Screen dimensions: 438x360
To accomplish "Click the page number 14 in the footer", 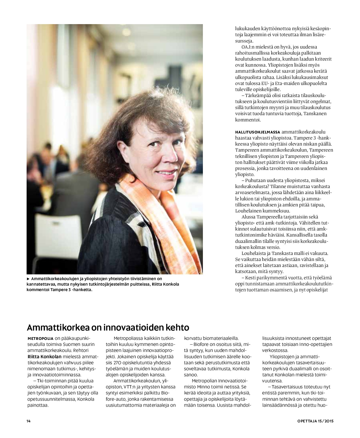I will pyautogui.click(x=28, y=421).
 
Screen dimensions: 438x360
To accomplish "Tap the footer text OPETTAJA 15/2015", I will pyautogui.click(x=315, y=421).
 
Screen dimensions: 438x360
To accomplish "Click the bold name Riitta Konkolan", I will pyautogui.click(x=45, y=357).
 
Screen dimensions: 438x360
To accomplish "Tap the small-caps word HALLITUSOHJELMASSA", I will pyautogui.click(x=258, y=132).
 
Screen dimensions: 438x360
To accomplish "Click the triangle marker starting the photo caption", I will pyautogui.click(x=28, y=278).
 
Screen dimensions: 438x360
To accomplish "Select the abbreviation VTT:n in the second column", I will pyautogui.click(x=130, y=387).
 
